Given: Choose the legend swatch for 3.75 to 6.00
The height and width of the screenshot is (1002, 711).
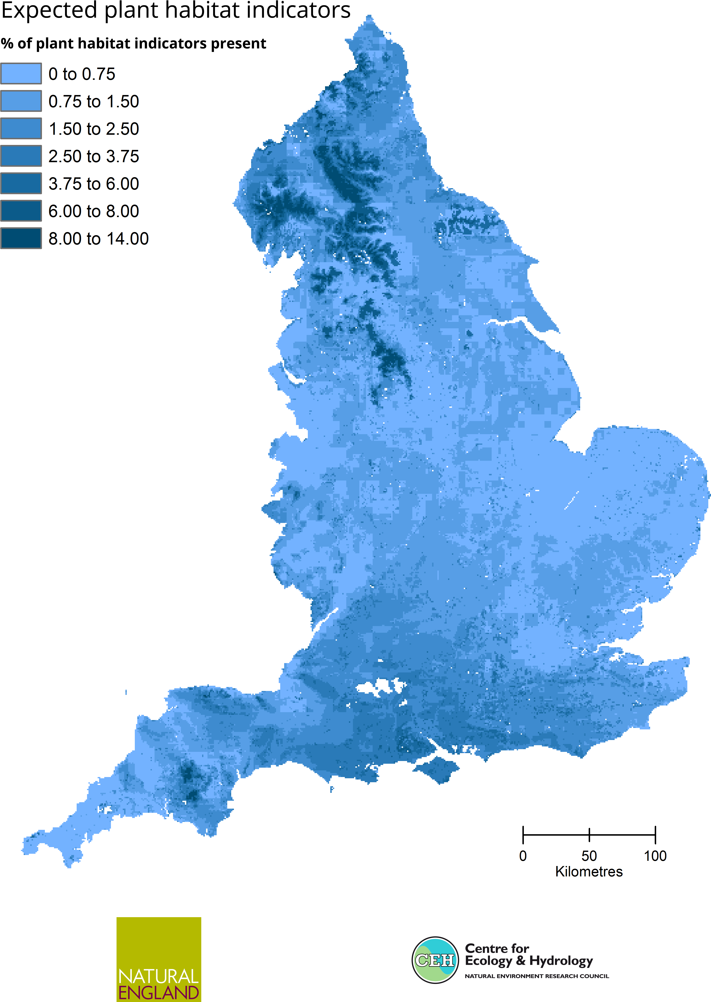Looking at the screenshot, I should tap(21, 183).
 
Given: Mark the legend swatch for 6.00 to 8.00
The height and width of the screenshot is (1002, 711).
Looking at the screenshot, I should tap(21, 211).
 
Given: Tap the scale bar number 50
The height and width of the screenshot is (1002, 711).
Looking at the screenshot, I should tap(589, 856).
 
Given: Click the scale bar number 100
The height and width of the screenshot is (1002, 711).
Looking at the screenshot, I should tap(655, 856).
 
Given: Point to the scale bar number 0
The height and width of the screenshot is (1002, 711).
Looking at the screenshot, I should tap(523, 856).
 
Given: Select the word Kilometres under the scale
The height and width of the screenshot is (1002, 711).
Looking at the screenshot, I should tap(589, 871).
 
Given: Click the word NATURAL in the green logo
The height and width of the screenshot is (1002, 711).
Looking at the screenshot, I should tap(158, 976).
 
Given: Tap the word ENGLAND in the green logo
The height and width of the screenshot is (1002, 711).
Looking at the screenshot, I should tap(158, 992).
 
